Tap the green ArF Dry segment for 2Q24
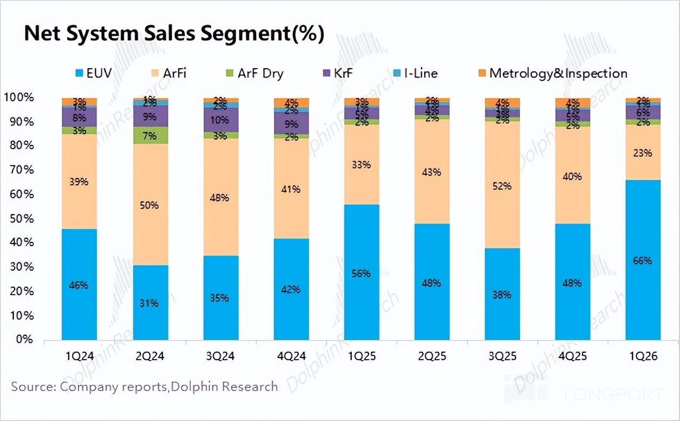click(150, 135)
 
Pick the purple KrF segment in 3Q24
click(221, 120)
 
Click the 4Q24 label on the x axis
click(291, 356)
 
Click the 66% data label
click(643, 261)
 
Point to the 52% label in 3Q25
click(502, 186)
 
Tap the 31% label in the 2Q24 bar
click(150, 303)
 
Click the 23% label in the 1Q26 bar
click(643, 153)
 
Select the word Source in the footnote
click(31, 386)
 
